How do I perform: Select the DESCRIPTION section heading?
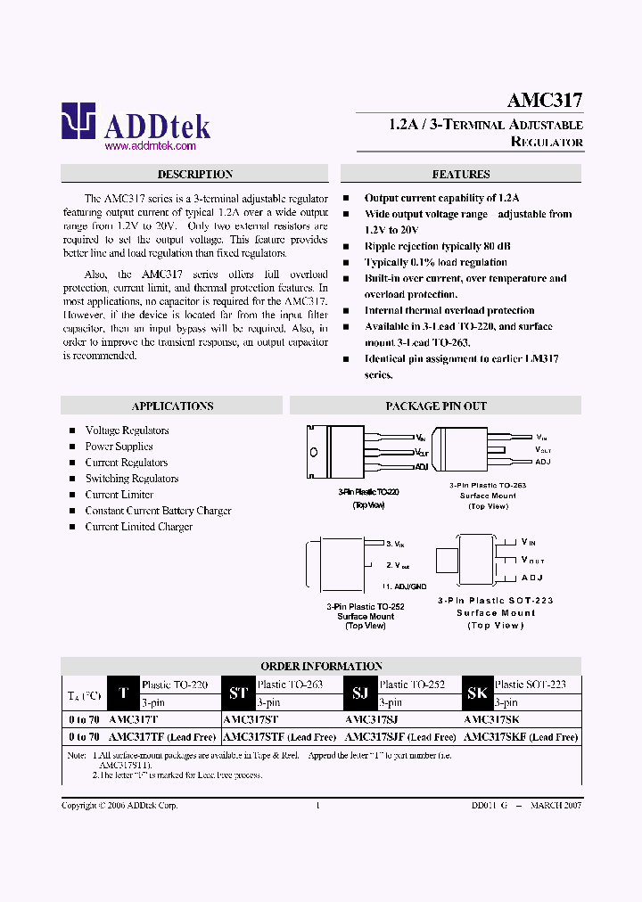(195, 175)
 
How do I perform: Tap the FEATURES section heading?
(461, 175)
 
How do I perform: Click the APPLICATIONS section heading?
(172, 406)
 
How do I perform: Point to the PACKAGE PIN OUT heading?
(436, 406)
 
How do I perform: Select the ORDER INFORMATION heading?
(321, 666)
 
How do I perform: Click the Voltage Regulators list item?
(127, 430)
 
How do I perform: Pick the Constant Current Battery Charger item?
(158, 511)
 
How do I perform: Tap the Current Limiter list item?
(119, 495)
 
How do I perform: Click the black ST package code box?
(238, 693)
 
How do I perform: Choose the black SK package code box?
(477, 693)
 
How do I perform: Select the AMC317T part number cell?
(133, 719)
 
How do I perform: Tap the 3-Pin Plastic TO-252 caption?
(366, 606)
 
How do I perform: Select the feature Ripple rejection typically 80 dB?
(437, 246)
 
